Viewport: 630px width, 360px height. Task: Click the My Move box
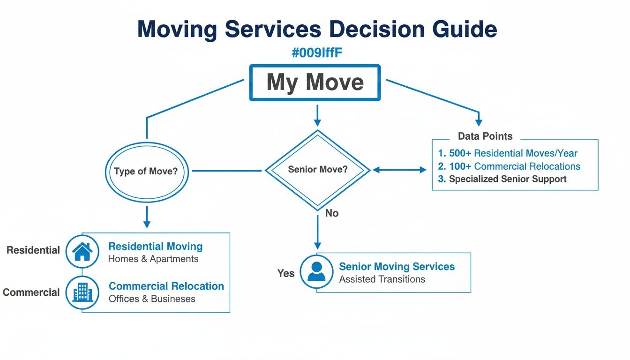click(315, 82)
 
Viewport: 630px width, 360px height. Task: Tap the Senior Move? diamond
click(318, 170)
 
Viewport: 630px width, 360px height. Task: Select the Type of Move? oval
click(146, 171)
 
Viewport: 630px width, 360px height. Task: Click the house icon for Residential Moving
click(82, 251)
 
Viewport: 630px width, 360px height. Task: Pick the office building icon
click(82, 292)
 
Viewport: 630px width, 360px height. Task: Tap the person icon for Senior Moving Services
click(316, 271)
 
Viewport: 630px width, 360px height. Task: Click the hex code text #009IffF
click(317, 53)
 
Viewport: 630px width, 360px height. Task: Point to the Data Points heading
click(485, 136)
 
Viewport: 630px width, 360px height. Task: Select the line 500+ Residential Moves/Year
click(508, 153)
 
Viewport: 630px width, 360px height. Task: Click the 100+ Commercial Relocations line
click(509, 166)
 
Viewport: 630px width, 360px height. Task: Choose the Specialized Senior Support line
click(502, 179)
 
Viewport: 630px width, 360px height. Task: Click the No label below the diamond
click(332, 213)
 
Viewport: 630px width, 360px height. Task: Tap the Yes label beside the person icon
click(285, 273)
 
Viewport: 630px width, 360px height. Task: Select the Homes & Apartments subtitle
click(153, 259)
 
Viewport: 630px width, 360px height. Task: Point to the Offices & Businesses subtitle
click(152, 299)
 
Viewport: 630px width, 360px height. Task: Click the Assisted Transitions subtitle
click(382, 279)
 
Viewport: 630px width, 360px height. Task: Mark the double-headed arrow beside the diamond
click(399, 170)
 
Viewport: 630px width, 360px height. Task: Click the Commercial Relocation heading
click(166, 286)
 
